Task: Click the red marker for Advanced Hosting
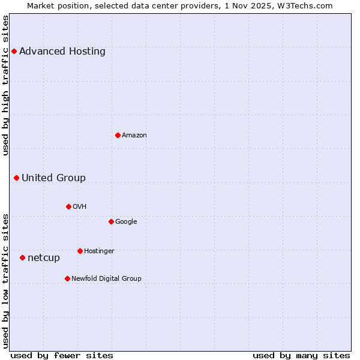(14, 51)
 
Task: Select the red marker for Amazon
(118, 135)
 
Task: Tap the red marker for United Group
(16, 178)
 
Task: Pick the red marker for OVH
(68, 206)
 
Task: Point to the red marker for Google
(111, 221)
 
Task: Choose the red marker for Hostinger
(80, 251)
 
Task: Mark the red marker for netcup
(22, 257)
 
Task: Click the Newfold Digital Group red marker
(67, 278)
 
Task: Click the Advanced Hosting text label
(62, 51)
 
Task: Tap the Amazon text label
(134, 135)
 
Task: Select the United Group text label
(53, 178)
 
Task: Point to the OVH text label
(80, 206)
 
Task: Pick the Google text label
(126, 221)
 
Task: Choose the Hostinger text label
(99, 251)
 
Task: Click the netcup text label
(44, 258)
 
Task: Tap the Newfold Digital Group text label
(106, 278)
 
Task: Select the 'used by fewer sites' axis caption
(62, 355)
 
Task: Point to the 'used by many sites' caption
(301, 355)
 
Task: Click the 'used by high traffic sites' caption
(5, 85)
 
